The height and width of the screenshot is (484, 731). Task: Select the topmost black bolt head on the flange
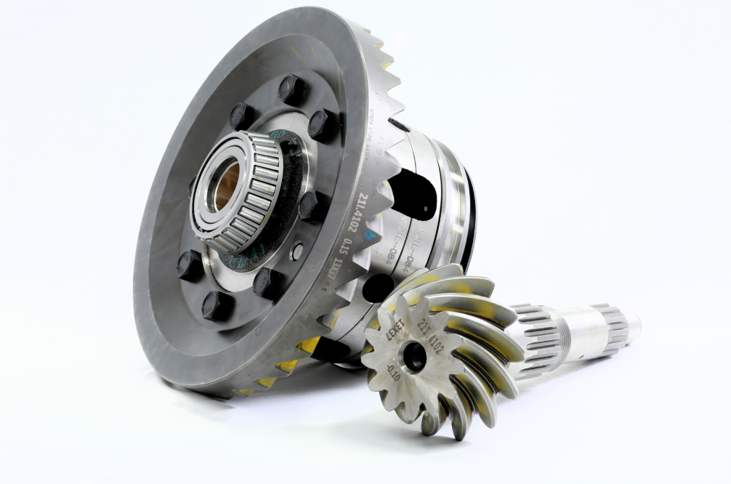pyautogui.click(x=291, y=89)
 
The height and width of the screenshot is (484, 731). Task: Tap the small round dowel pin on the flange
pyautogui.click(x=296, y=251)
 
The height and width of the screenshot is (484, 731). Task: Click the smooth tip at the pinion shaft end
pyautogui.click(x=631, y=323)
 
